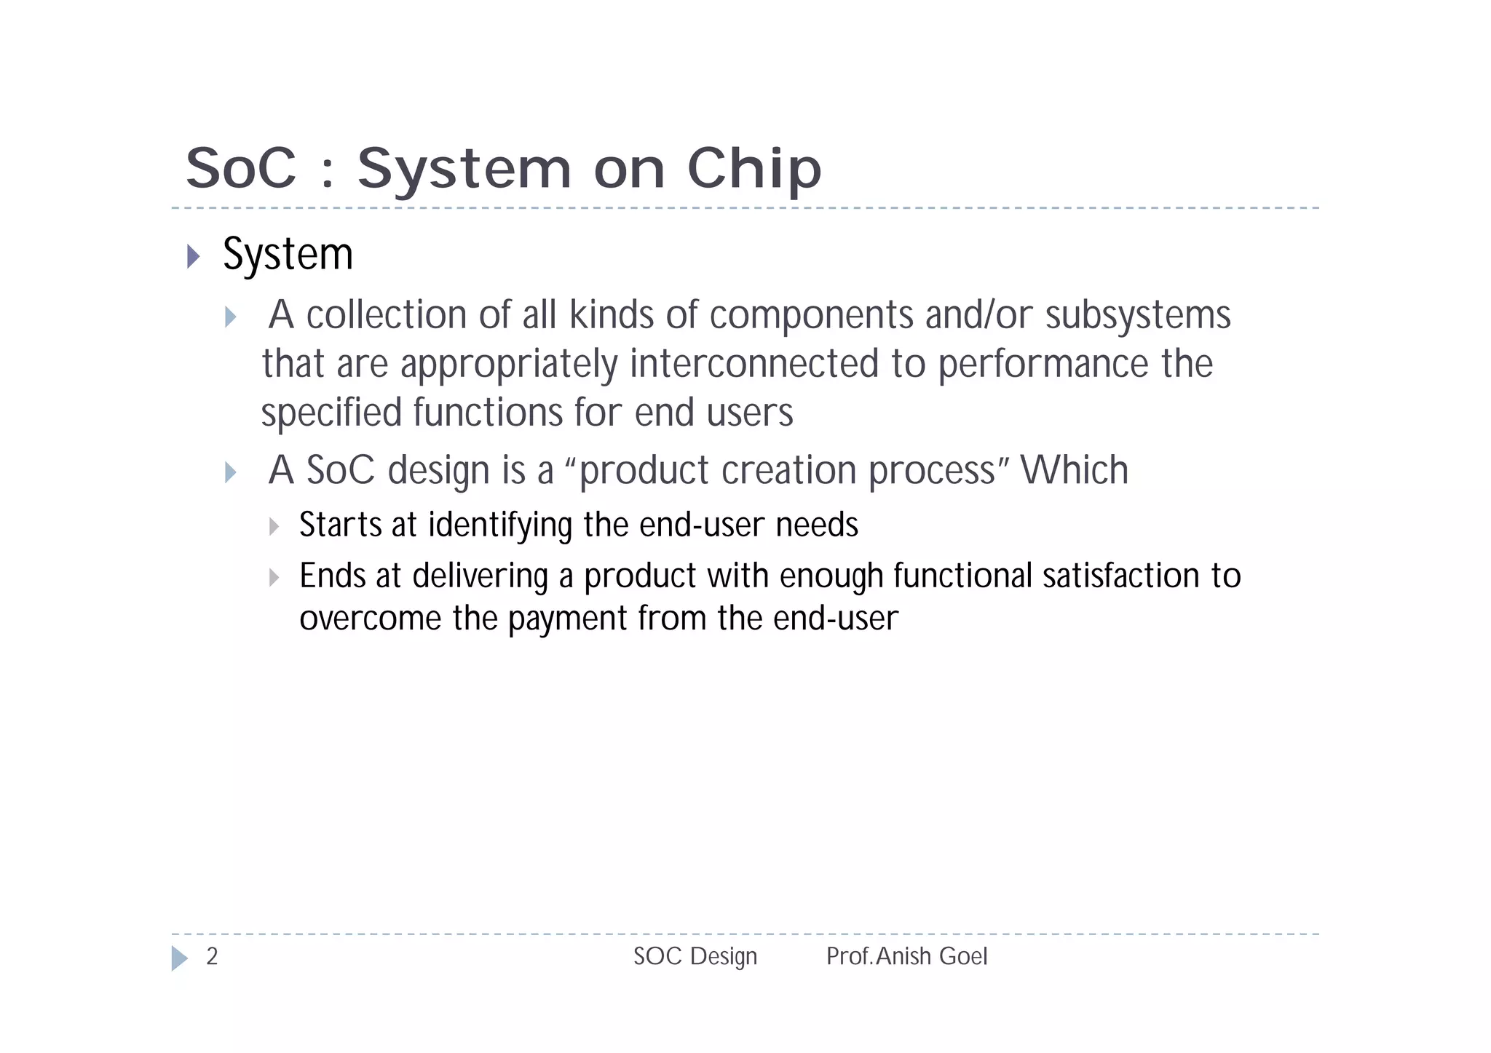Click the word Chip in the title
pyautogui.click(x=754, y=169)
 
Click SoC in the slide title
pyautogui.click(x=242, y=169)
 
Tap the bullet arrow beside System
pyautogui.click(x=193, y=256)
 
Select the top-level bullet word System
pyautogui.click(x=288, y=255)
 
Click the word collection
pyautogui.click(x=387, y=315)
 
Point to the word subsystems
pyautogui.click(x=1138, y=315)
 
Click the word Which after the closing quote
pyautogui.click(x=1074, y=470)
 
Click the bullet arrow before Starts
pyautogui.click(x=274, y=526)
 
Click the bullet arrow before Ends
pyautogui.click(x=274, y=578)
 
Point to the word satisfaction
pyautogui.click(x=1120, y=576)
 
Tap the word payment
pyautogui.click(x=567, y=619)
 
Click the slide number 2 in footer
pyautogui.click(x=212, y=956)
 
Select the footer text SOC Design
pyautogui.click(x=695, y=956)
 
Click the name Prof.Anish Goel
pyautogui.click(x=906, y=956)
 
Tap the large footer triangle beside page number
pyautogui.click(x=179, y=958)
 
